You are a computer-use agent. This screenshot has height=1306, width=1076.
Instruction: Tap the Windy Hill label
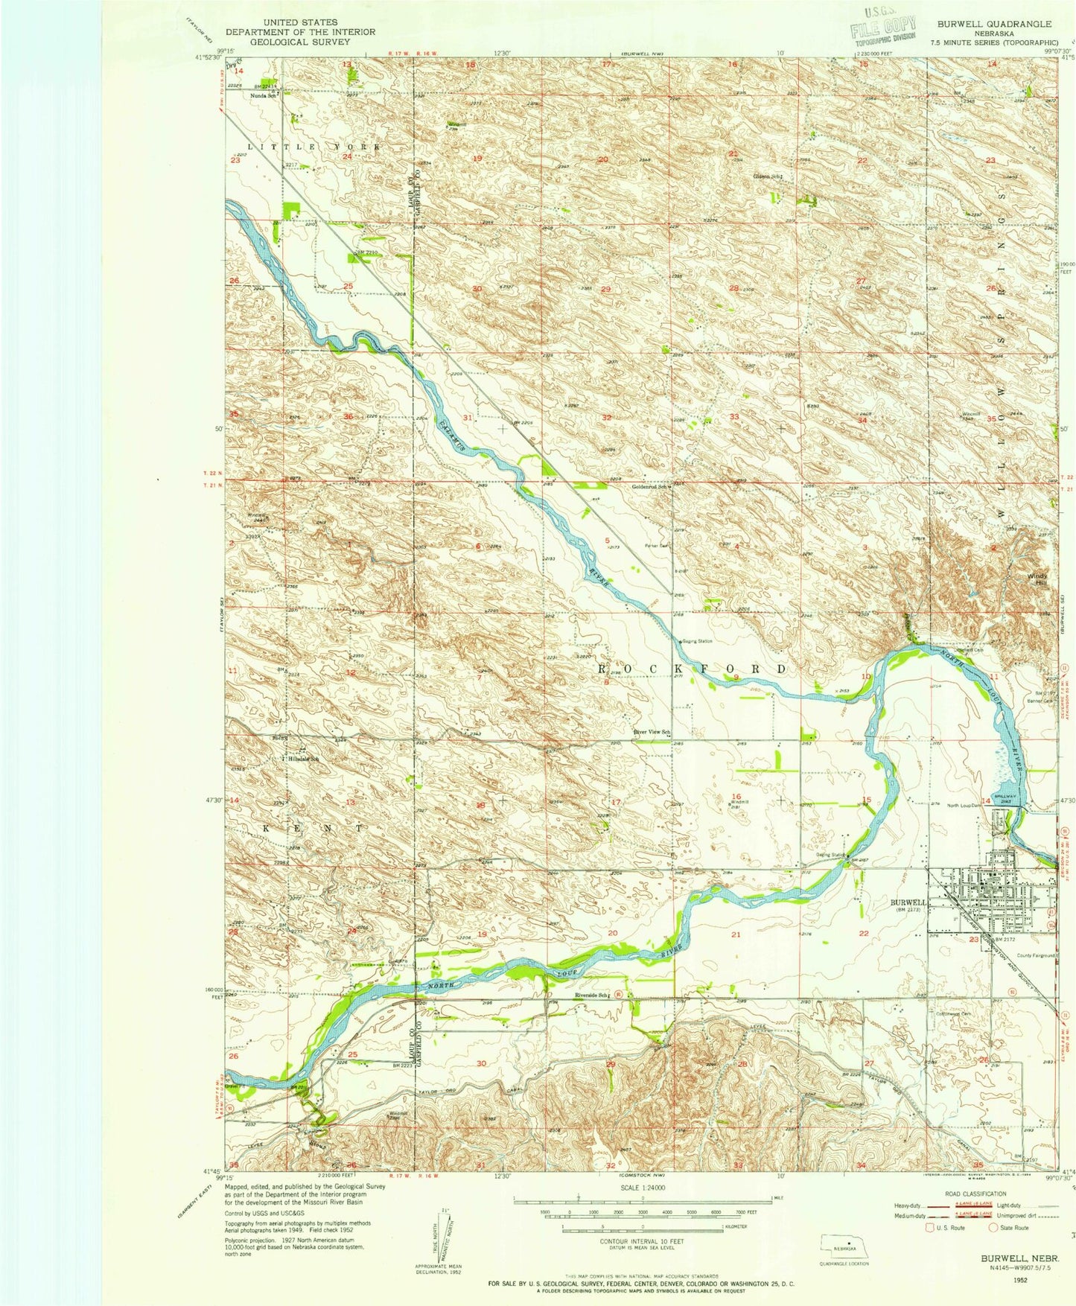(x=1037, y=579)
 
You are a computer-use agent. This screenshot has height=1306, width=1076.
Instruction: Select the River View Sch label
(x=652, y=732)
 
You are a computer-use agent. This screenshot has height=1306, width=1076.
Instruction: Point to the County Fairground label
(x=1034, y=955)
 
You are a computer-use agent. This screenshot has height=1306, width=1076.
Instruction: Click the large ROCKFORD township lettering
(x=693, y=669)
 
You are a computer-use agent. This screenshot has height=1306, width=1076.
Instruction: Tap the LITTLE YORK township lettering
(x=313, y=147)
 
